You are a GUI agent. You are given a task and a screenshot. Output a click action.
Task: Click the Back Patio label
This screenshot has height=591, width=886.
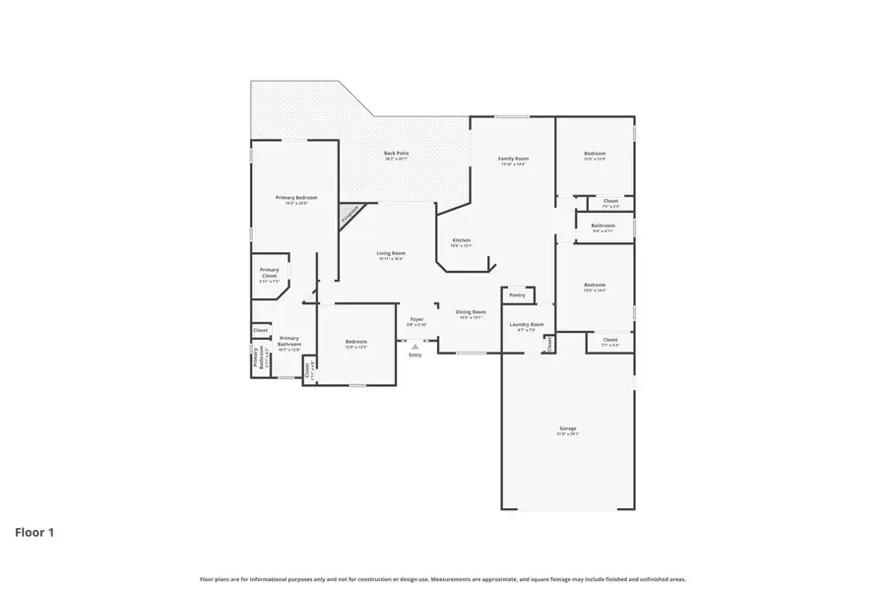point(396,153)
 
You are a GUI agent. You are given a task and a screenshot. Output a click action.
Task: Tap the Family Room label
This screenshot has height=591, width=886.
point(513,159)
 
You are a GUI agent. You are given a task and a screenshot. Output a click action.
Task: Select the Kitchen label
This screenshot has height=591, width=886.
point(461,240)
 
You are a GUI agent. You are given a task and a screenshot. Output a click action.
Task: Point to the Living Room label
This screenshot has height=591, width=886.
point(391,253)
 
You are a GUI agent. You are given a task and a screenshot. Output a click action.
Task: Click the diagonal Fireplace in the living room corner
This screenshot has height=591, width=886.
point(349,215)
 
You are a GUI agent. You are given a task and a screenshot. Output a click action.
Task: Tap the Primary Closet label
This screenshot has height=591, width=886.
point(269,273)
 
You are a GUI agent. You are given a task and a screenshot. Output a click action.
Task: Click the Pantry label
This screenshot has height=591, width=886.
point(517,295)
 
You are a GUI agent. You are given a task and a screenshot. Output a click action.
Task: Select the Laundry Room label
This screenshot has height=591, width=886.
point(526,324)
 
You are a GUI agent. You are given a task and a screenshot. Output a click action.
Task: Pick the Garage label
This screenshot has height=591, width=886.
point(568,428)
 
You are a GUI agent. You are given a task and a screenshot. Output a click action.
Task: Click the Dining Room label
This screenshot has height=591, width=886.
point(471,312)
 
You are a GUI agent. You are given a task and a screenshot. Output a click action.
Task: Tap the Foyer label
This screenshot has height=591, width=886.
point(416,319)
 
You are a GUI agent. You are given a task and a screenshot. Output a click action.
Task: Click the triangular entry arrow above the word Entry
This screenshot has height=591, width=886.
point(415,347)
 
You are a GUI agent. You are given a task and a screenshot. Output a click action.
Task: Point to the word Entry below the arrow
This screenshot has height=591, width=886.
point(415,355)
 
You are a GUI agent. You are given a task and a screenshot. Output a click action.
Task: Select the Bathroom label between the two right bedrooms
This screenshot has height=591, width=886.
point(602,226)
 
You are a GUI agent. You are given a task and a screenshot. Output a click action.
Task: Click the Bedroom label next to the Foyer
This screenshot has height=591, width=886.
point(355,342)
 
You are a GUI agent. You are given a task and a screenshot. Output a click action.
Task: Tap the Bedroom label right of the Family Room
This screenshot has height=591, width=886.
point(595,153)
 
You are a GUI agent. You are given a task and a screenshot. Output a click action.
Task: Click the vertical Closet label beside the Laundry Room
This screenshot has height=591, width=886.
point(549,344)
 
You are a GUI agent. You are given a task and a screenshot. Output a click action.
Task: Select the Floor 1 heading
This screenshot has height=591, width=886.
point(34,533)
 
